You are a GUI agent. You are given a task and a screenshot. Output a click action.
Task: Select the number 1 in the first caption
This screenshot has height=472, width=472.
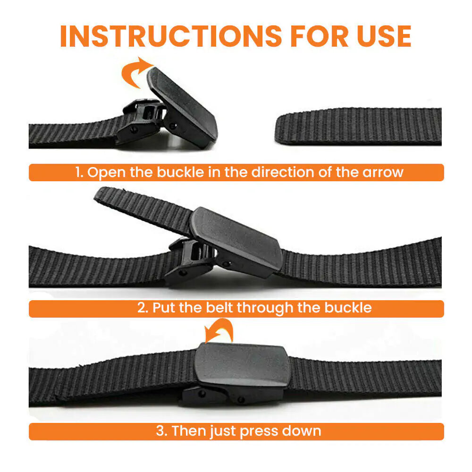click(x=79, y=172)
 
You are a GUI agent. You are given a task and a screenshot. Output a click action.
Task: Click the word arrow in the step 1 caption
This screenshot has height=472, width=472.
click(x=383, y=172)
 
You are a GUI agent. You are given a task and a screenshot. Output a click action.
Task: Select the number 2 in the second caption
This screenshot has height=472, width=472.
click(x=142, y=308)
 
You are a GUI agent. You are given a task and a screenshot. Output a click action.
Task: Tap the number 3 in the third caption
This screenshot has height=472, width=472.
click(x=160, y=431)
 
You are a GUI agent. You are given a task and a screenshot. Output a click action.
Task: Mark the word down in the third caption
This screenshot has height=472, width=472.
click(x=302, y=431)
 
